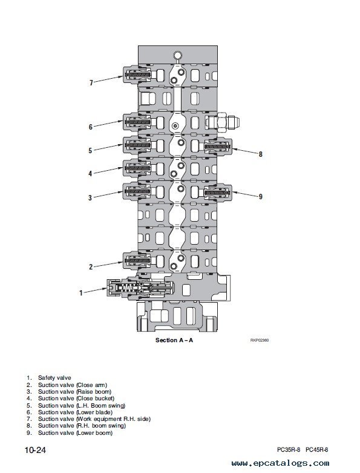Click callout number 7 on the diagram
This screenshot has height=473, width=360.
91,82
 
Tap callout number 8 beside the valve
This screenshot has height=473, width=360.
261,154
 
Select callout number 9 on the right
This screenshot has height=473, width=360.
261,197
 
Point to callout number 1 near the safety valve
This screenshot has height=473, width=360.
80,293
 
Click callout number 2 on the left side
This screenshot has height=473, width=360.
91,266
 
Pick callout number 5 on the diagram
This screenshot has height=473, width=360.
90,150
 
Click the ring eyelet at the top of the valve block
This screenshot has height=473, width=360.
177,55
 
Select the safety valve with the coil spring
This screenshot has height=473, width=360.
140,289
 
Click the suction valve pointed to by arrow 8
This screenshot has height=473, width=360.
218,147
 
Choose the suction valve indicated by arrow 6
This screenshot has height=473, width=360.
137,122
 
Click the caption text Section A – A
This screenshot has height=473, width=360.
174,340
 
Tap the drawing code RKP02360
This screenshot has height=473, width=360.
260,340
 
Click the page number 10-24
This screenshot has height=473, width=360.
35,450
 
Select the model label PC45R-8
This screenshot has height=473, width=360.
317,449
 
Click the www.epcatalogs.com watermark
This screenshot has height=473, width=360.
280,463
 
